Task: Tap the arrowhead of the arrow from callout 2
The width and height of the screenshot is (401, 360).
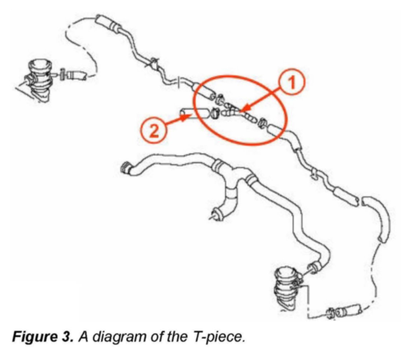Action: [184, 116]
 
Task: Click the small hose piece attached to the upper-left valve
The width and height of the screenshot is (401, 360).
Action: [75, 75]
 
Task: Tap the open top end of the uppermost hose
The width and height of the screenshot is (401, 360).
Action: [102, 23]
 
